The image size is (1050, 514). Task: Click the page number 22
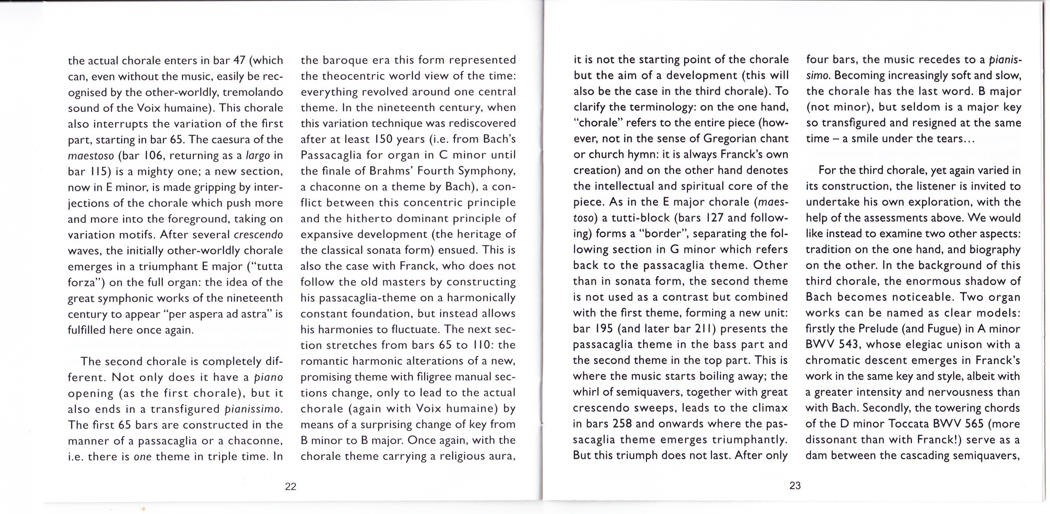291,486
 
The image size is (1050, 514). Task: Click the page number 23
795,485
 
